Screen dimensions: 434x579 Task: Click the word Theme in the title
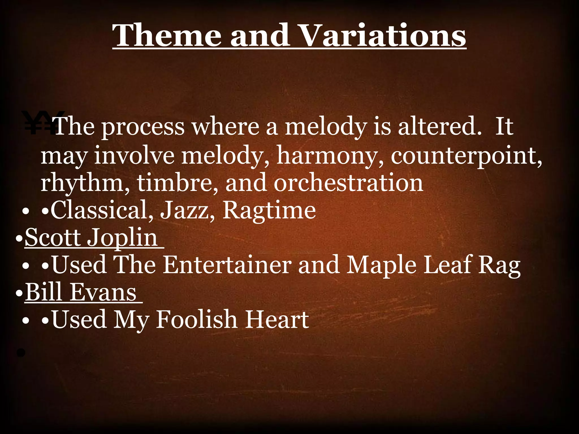[167, 36]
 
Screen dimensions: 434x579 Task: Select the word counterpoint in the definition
[466, 156]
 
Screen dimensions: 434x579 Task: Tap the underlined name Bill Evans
[81, 292]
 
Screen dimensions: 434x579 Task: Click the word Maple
[382, 265]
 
